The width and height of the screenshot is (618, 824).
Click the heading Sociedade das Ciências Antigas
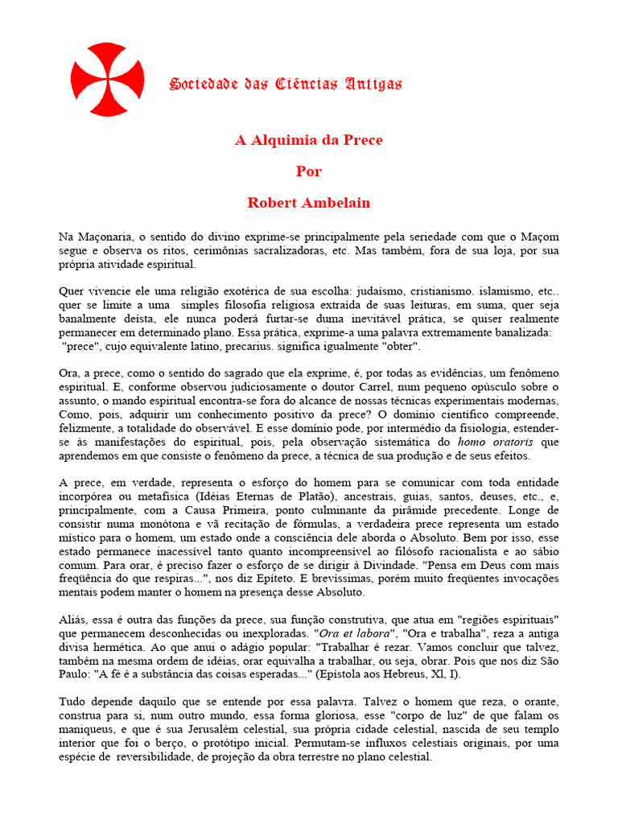pos(286,84)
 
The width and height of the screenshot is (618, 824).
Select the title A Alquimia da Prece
pos(309,140)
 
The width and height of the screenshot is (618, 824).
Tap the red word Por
pos(309,171)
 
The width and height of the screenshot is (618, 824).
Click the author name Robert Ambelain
pos(309,203)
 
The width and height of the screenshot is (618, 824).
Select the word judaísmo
pos(342,291)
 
